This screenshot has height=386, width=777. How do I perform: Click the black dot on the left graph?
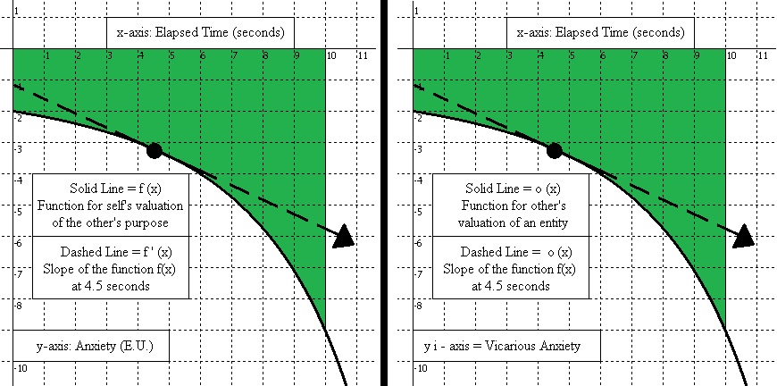tap(154, 150)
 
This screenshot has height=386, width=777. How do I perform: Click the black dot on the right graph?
tap(554, 150)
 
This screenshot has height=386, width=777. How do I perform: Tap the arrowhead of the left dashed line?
tap(343, 237)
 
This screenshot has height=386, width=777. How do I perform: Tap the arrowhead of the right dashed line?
tap(743, 237)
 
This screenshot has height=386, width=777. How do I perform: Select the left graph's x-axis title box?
tap(200, 33)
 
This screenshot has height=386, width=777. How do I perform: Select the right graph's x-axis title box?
tap(600, 33)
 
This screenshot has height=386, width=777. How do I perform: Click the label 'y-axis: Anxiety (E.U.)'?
tap(89, 346)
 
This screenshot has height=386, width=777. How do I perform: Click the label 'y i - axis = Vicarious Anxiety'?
tap(499, 346)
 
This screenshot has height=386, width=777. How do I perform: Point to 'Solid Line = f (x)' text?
tap(112, 189)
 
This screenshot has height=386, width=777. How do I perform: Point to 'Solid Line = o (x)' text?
tap(512, 189)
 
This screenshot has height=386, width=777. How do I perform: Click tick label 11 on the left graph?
tap(362, 55)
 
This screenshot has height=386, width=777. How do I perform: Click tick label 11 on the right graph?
tap(762, 55)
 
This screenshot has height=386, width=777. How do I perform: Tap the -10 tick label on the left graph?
tap(21, 368)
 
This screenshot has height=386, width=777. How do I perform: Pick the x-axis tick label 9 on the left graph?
tap(296, 55)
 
